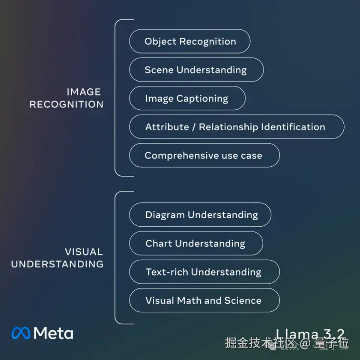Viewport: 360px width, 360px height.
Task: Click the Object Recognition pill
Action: (x=190, y=41)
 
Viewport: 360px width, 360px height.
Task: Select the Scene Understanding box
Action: (x=196, y=70)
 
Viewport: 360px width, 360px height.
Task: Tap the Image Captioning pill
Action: (x=187, y=98)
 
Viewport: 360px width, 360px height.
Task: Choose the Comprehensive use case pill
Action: (x=204, y=156)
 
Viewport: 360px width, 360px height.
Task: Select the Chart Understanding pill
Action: (x=196, y=244)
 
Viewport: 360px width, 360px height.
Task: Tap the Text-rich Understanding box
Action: (x=204, y=272)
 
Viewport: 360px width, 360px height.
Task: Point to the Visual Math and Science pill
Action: (x=204, y=300)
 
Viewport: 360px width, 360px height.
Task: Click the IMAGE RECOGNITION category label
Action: (x=67, y=98)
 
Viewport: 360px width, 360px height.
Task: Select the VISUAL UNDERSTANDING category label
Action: (x=58, y=258)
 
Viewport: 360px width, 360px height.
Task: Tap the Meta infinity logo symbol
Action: (x=21, y=333)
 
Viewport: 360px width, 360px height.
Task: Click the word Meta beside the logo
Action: (x=53, y=333)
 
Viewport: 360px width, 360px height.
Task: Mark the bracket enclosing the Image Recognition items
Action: (x=116, y=98)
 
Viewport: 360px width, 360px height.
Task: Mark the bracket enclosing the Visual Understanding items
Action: (x=116, y=258)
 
